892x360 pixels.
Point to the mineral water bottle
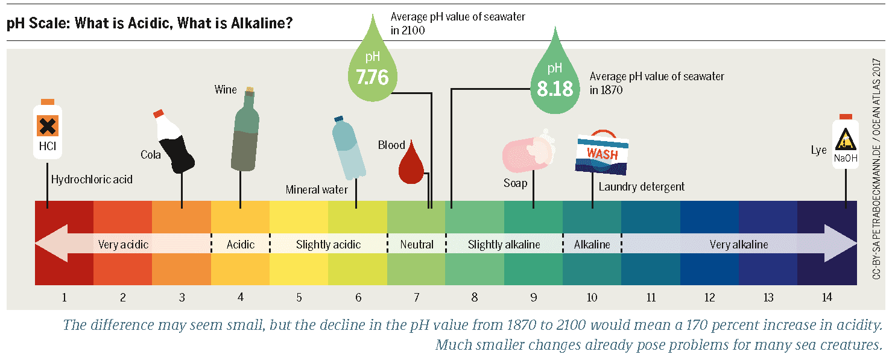(347, 148)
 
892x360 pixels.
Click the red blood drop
(410, 163)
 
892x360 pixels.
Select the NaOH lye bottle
(845, 143)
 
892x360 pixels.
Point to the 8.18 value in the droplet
(555, 89)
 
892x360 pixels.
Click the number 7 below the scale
(417, 297)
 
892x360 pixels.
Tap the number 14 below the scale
(826, 297)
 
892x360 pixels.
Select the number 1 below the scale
(64, 297)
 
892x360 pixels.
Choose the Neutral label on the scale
(417, 244)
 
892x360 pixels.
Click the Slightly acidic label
(328, 244)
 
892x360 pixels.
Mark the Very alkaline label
(738, 244)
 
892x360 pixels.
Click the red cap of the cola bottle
(159, 113)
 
